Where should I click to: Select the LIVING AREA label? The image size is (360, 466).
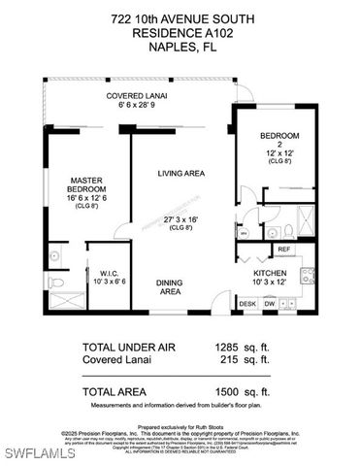click(x=181, y=173)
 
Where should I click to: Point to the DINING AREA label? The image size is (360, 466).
click(x=171, y=286)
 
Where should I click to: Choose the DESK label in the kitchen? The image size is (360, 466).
click(x=247, y=303)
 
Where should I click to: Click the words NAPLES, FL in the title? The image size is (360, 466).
click(x=180, y=46)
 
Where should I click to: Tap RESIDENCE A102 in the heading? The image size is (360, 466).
click(x=180, y=31)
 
